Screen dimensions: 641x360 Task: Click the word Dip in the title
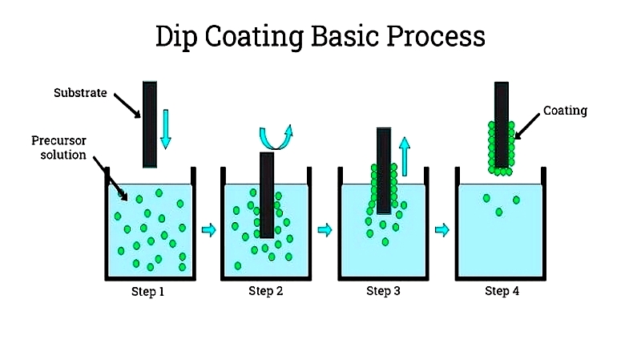[176, 37]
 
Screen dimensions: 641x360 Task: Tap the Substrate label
[80, 93]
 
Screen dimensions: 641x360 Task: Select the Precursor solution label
[59, 148]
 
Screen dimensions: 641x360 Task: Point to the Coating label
[565, 111]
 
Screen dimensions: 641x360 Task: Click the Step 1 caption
[147, 292]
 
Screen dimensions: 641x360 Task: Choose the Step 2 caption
[266, 291]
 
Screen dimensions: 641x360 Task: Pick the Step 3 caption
[383, 291]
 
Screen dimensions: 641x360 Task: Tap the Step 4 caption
[502, 291]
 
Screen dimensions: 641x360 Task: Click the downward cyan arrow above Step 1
[166, 129]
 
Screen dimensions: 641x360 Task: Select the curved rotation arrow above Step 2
[276, 137]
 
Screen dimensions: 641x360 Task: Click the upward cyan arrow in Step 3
[405, 156]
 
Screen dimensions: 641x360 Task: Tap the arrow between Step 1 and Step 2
[209, 230]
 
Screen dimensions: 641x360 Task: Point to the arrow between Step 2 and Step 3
[325, 230]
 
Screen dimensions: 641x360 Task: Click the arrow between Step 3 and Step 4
[442, 230]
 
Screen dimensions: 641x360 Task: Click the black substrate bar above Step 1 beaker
[150, 124]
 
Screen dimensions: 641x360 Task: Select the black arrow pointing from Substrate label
[127, 106]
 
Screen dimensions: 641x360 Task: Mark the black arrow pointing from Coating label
[527, 127]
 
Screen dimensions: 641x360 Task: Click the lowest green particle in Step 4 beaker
[498, 212]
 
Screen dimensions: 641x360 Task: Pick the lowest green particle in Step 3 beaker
[385, 242]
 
